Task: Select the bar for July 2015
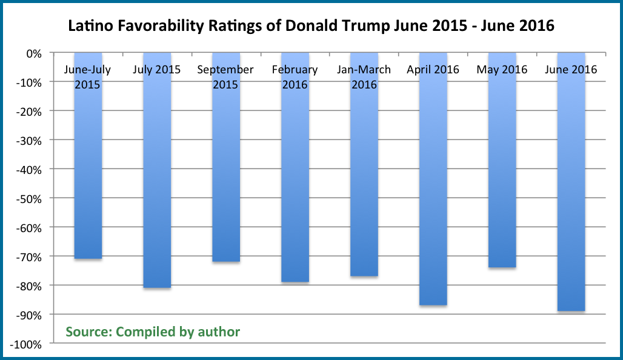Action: [157, 182]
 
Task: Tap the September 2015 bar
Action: [226, 182]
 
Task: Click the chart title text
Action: [311, 27]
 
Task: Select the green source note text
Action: [153, 332]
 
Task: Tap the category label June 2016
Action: [571, 70]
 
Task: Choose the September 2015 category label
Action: [225, 76]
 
